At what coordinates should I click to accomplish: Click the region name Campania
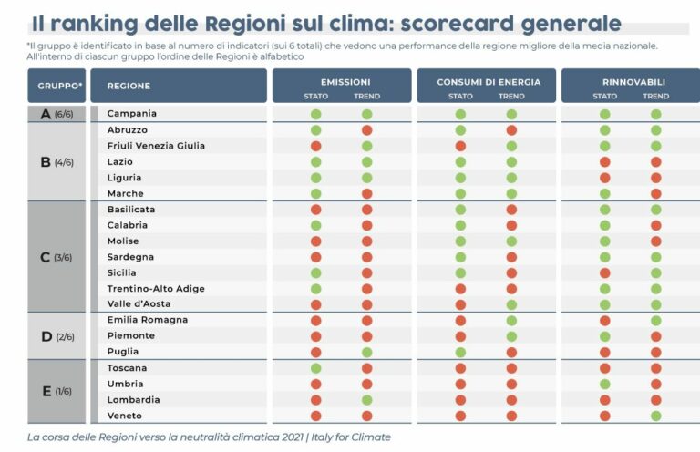[x=132, y=114]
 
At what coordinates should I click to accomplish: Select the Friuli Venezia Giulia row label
[x=156, y=146]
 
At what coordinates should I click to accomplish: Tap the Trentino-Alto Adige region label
[x=156, y=289]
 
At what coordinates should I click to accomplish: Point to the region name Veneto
[x=126, y=416]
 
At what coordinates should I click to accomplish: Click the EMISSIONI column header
[x=341, y=82]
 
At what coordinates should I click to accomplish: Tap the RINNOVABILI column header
[x=631, y=82]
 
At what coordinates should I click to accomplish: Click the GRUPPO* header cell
[x=60, y=87]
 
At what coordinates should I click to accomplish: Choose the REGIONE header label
[x=129, y=87]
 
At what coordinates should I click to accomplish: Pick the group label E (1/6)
[x=57, y=392]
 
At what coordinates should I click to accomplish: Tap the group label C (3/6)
[x=57, y=257]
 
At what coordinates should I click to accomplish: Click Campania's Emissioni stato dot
[x=316, y=114]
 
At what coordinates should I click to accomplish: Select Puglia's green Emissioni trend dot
[x=367, y=352]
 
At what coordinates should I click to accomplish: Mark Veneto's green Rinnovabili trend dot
[x=656, y=416]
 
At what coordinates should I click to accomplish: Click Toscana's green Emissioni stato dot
[x=316, y=368]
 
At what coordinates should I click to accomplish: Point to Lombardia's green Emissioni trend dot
[x=367, y=400]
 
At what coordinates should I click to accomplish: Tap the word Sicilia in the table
[x=122, y=272]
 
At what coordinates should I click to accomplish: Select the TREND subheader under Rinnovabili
[x=656, y=96]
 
